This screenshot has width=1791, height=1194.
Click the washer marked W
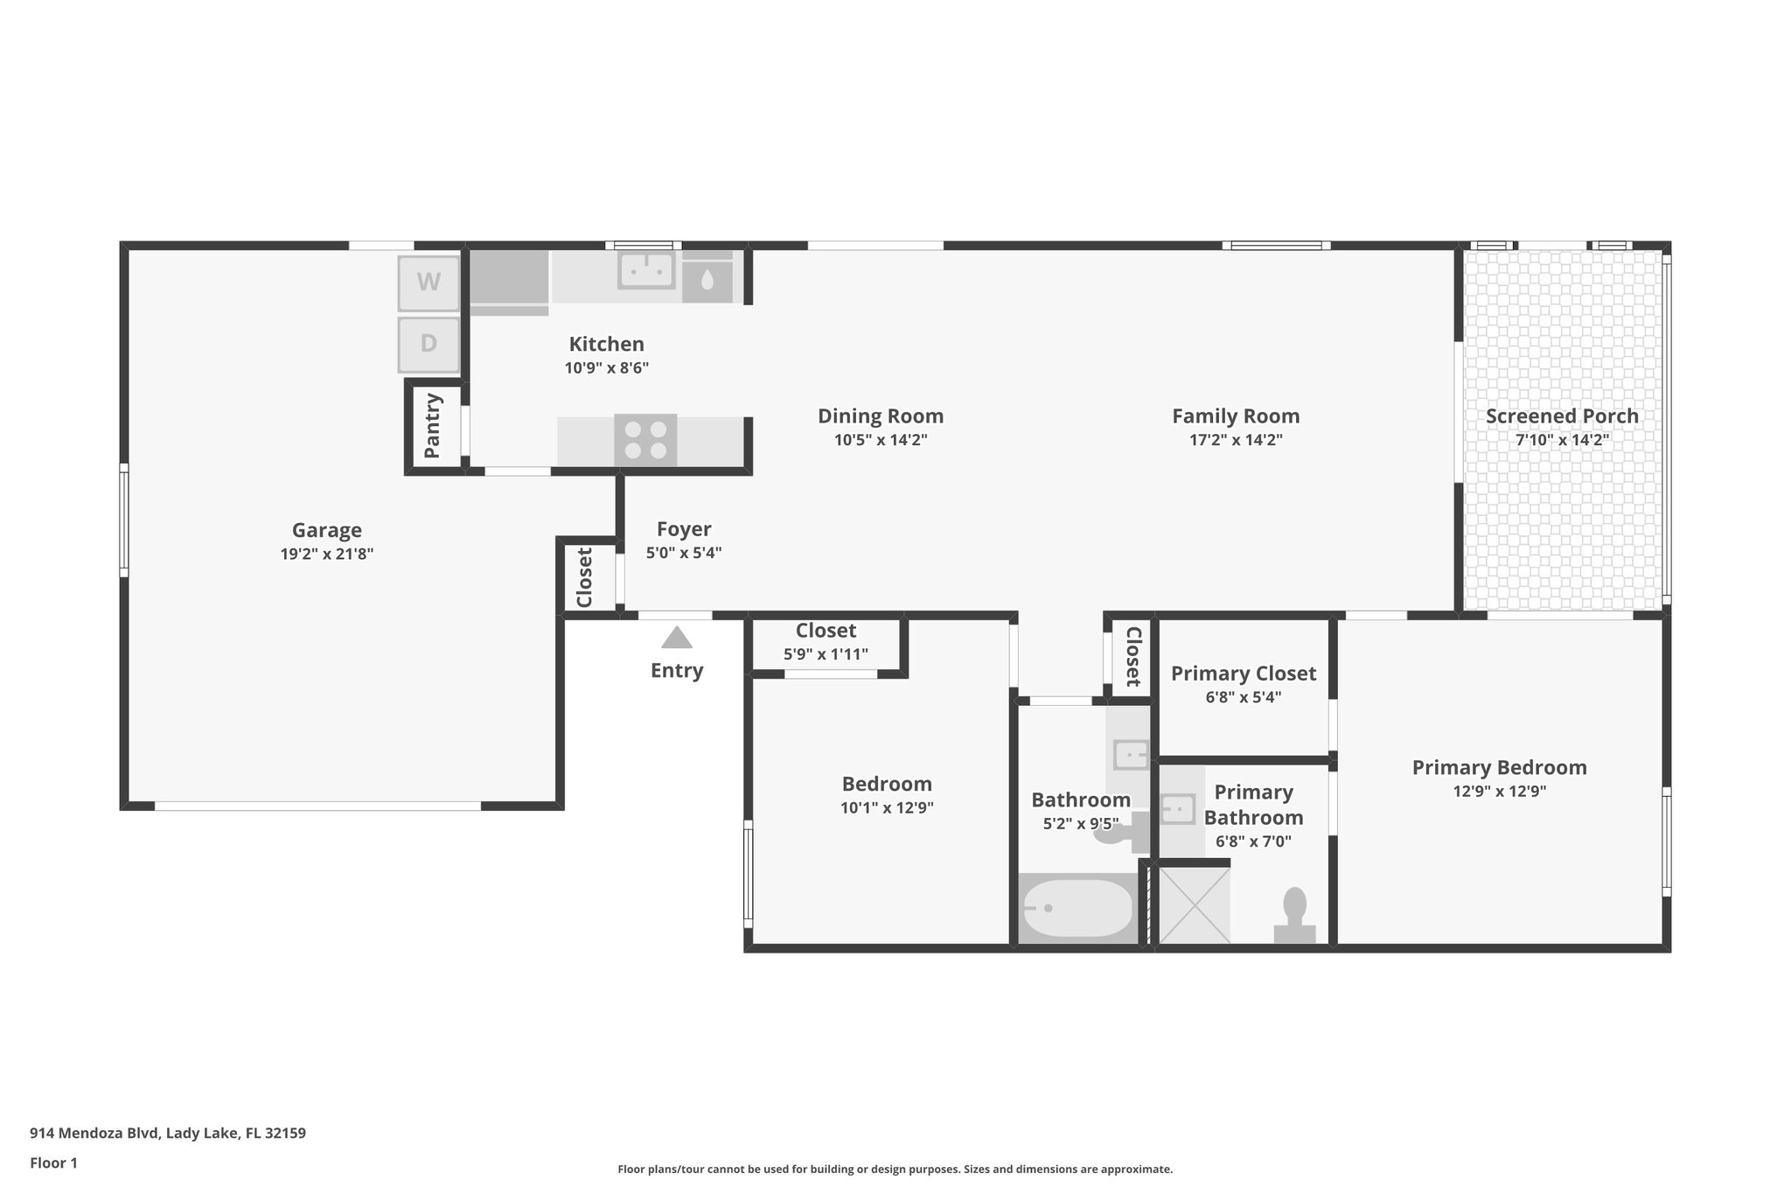[429, 283]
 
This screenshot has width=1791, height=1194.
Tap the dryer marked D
[429, 344]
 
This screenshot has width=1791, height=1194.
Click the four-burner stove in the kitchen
[645, 440]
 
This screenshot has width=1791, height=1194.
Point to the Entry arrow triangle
[677, 638]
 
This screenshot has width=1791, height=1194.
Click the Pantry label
[432, 426]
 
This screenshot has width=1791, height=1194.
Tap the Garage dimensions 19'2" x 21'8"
[327, 554]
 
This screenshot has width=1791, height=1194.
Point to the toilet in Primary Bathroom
[1294, 915]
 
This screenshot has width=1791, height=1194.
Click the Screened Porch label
[1562, 416]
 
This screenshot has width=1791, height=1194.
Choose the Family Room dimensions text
[1236, 440]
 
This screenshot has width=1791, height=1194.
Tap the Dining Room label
[881, 416]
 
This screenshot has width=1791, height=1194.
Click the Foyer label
[684, 529]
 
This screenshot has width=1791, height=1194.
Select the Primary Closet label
[1243, 674]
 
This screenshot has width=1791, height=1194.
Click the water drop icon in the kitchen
[707, 280]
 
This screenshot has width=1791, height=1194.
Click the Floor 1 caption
[54, 1163]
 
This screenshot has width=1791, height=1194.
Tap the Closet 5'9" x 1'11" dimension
[826, 654]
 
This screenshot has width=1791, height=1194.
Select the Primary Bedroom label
[1499, 768]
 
